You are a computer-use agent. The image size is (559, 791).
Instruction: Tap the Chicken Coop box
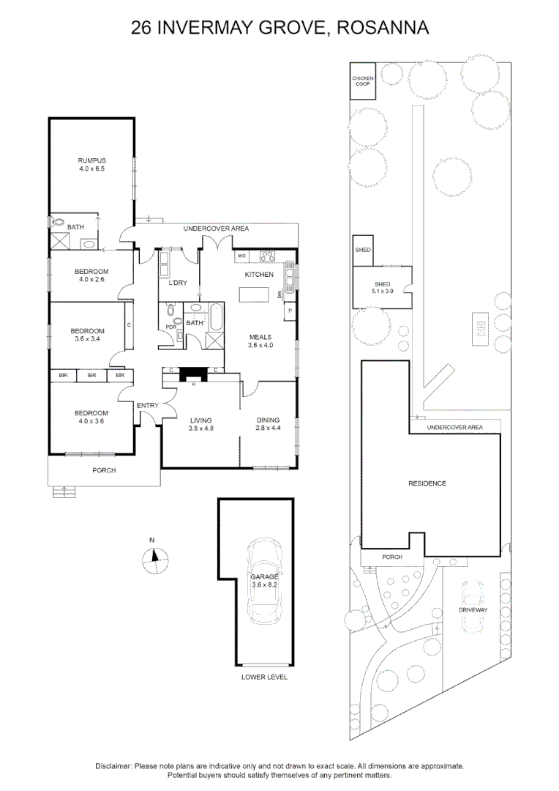362,81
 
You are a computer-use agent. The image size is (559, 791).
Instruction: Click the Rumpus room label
92,161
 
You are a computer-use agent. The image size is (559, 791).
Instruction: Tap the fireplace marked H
193,374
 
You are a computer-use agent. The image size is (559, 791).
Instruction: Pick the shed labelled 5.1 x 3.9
382,288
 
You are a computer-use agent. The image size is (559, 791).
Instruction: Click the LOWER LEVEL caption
264,677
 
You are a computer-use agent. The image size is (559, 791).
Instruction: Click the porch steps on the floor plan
65,491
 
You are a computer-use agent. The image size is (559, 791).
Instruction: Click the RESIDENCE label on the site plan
427,483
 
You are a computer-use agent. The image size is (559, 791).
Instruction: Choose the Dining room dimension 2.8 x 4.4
269,428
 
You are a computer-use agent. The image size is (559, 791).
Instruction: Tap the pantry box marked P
290,311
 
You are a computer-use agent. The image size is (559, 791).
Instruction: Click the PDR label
170,327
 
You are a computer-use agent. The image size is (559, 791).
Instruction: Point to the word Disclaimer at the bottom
113,765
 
